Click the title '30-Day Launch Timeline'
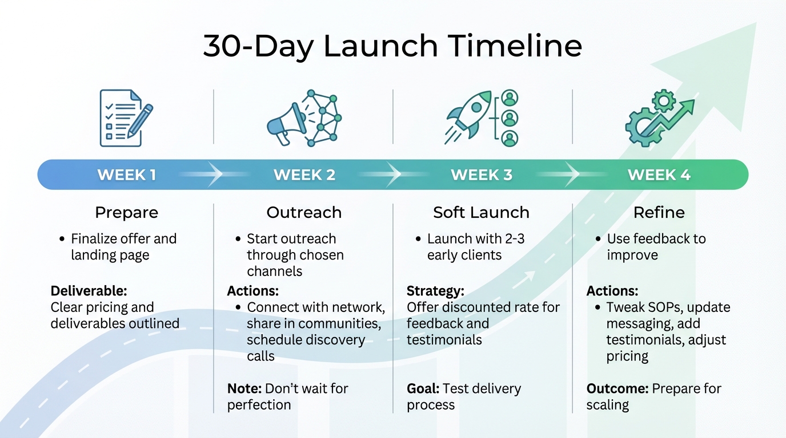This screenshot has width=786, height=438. pos(392,46)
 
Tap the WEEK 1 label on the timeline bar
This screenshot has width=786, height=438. pos(126,175)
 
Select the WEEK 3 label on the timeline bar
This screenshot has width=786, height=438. pos(482,175)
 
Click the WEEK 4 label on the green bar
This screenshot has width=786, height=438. pos(659,175)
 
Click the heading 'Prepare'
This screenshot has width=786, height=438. pos(126,213)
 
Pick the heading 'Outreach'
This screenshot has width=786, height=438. pos(304,213)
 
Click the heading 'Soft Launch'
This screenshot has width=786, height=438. pos(481,213)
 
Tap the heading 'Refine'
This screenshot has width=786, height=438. pos(659,213)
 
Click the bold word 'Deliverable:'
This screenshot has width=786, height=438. pos(89,291)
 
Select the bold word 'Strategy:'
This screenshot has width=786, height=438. pos(435,291)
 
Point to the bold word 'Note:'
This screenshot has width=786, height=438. pos(243,389)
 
